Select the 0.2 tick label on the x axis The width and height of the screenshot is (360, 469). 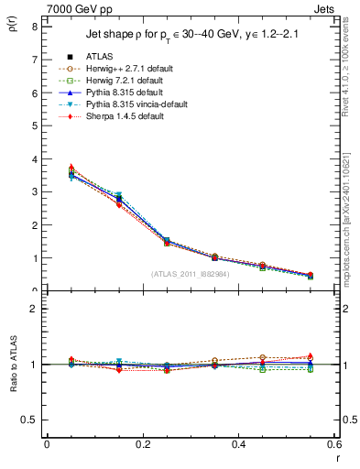142,444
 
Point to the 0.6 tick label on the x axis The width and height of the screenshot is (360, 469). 333,444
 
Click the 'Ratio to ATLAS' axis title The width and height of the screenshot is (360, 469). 11,365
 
